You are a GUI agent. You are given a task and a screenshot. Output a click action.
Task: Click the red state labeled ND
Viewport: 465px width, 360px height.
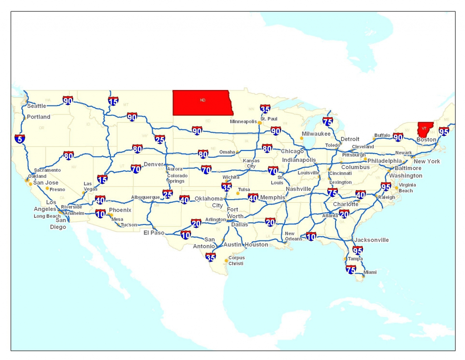(202, 102)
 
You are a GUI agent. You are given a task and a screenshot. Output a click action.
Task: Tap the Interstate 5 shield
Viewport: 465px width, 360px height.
(20, 138)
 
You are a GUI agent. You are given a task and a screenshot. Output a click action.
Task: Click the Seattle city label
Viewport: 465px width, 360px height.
(37, 106)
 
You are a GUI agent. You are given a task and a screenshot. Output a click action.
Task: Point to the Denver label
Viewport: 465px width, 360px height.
(153, 164)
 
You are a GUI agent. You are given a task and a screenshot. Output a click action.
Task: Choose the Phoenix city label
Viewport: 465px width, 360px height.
(120, 210)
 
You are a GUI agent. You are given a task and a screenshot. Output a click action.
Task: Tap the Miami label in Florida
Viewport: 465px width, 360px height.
(370, 272)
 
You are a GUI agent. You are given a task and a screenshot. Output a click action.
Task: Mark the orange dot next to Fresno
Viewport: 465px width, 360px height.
(47, 188)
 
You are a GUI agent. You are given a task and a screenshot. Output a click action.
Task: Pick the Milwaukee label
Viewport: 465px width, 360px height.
(316, 134)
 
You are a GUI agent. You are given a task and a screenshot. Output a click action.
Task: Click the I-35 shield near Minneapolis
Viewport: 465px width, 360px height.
(266, 109)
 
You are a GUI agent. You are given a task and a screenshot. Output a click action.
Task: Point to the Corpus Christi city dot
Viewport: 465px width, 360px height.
(226, 260)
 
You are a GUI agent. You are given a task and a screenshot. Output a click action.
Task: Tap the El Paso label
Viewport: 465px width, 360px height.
(153, 233)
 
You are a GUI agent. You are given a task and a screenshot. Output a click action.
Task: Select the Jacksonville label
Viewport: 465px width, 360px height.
(371, 240)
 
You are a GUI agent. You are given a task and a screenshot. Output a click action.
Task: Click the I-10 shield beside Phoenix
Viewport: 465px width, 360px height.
(100, 213)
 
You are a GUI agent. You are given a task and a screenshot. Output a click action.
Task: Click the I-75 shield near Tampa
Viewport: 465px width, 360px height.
(351, 270)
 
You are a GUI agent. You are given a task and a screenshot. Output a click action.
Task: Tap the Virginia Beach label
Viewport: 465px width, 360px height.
(407, 188)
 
